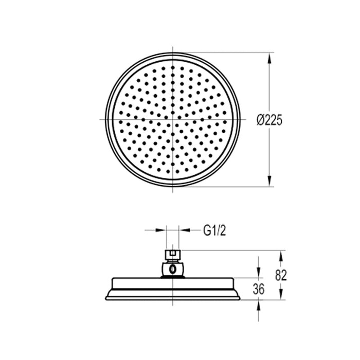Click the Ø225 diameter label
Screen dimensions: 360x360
point(269,120)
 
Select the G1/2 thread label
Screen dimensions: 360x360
point(214,230)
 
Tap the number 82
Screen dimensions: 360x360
point(281,275)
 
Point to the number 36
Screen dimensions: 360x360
point(259,290)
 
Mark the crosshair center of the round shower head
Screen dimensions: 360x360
point(173,119)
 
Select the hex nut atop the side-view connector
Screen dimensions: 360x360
point(172,255)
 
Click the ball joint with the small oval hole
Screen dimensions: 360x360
point(172,268)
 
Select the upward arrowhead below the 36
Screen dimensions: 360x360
point(259,304)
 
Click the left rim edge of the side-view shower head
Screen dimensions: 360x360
point(107,297)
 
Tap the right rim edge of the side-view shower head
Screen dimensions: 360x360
point(239,297)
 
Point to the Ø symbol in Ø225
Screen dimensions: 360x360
point(260,120)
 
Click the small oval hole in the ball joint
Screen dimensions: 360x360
point(173,268)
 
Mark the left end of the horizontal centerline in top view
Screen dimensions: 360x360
point(100,119)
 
